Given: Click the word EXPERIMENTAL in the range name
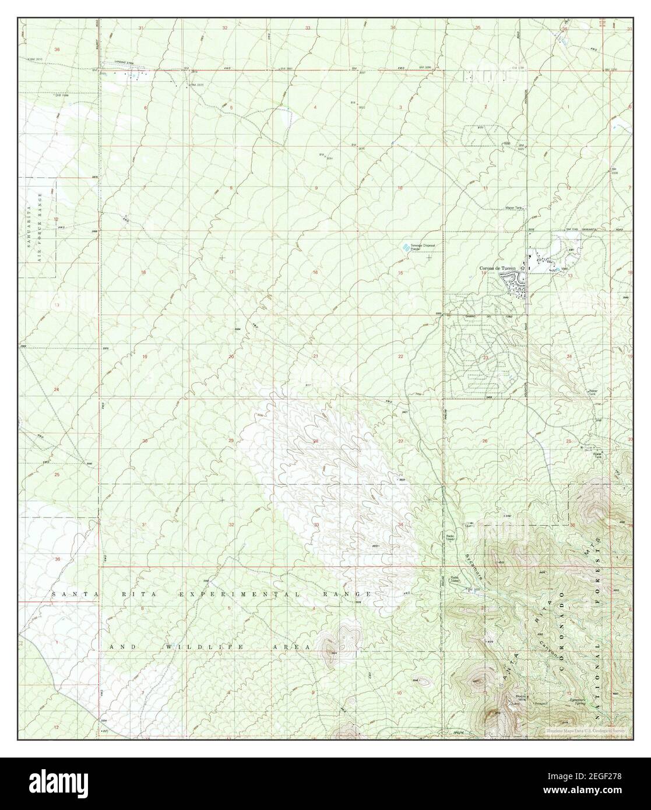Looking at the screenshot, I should tap(226, 594).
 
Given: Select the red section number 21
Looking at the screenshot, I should tap(315, 356).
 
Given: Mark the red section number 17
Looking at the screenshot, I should tap(231, 272).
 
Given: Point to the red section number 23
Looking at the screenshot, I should tap(485, 357).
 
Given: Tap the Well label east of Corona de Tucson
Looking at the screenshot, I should tap(564, 269).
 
